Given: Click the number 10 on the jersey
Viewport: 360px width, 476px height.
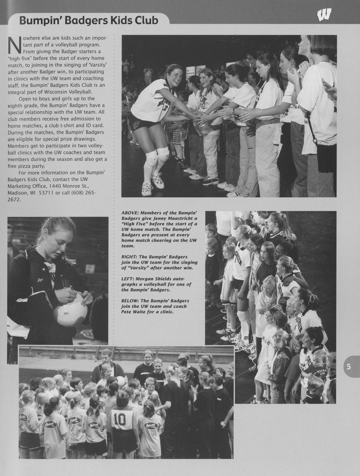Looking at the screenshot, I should tap(120, 419).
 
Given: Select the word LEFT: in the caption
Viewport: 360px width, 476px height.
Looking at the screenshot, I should tap(127, 279).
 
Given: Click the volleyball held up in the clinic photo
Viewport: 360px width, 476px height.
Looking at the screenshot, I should tap(121, 381).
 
